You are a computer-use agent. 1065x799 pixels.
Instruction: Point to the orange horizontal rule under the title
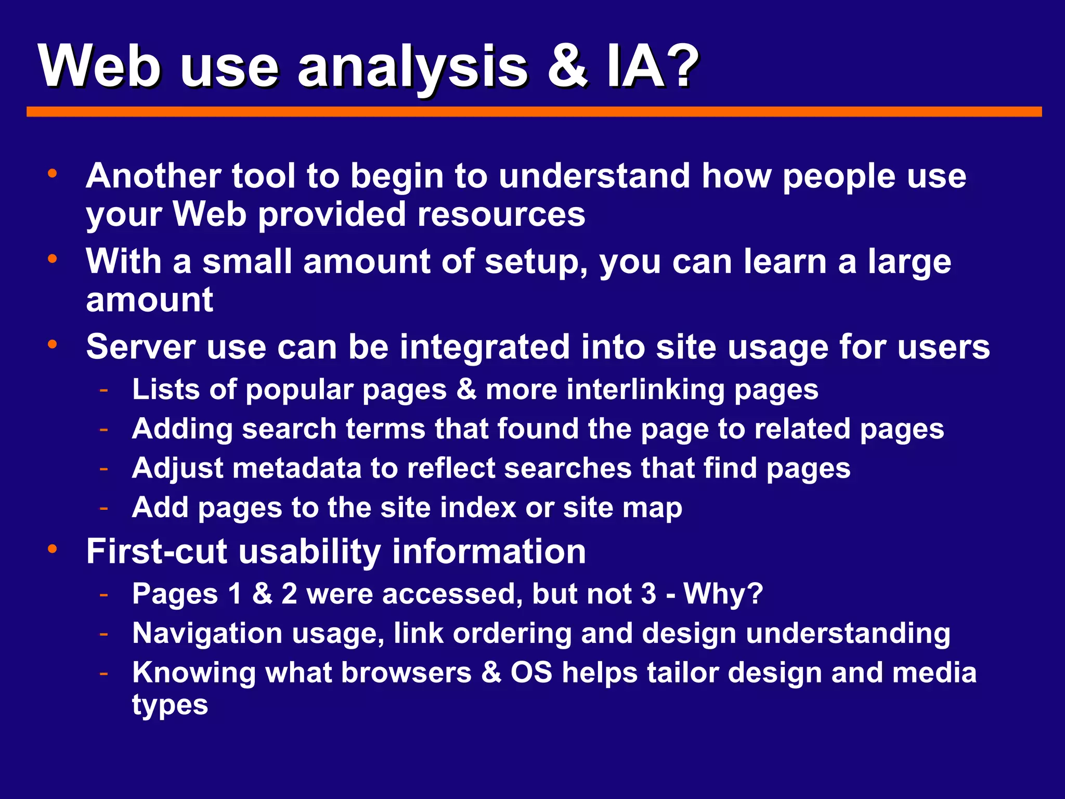pyautogui.click(x=534, y=112)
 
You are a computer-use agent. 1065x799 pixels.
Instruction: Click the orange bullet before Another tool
pyautogui.click(x=52, y=174)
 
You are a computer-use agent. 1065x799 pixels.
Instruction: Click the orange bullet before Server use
pyautogui.click(x=52, y=344)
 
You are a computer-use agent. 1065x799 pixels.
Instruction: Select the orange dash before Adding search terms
pyautogui.click(x=104, y=429)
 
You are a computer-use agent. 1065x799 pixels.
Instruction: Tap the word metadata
pyautogui.click(x=296, y=468)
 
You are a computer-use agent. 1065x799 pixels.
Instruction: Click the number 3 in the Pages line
pyautogui.click(x=648, y=594)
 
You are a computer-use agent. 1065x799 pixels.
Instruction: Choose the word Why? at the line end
pyautogui.click(x=723, y=594)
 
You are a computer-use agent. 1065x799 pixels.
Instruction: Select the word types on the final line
pyautogui.click(x=170, y=706)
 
